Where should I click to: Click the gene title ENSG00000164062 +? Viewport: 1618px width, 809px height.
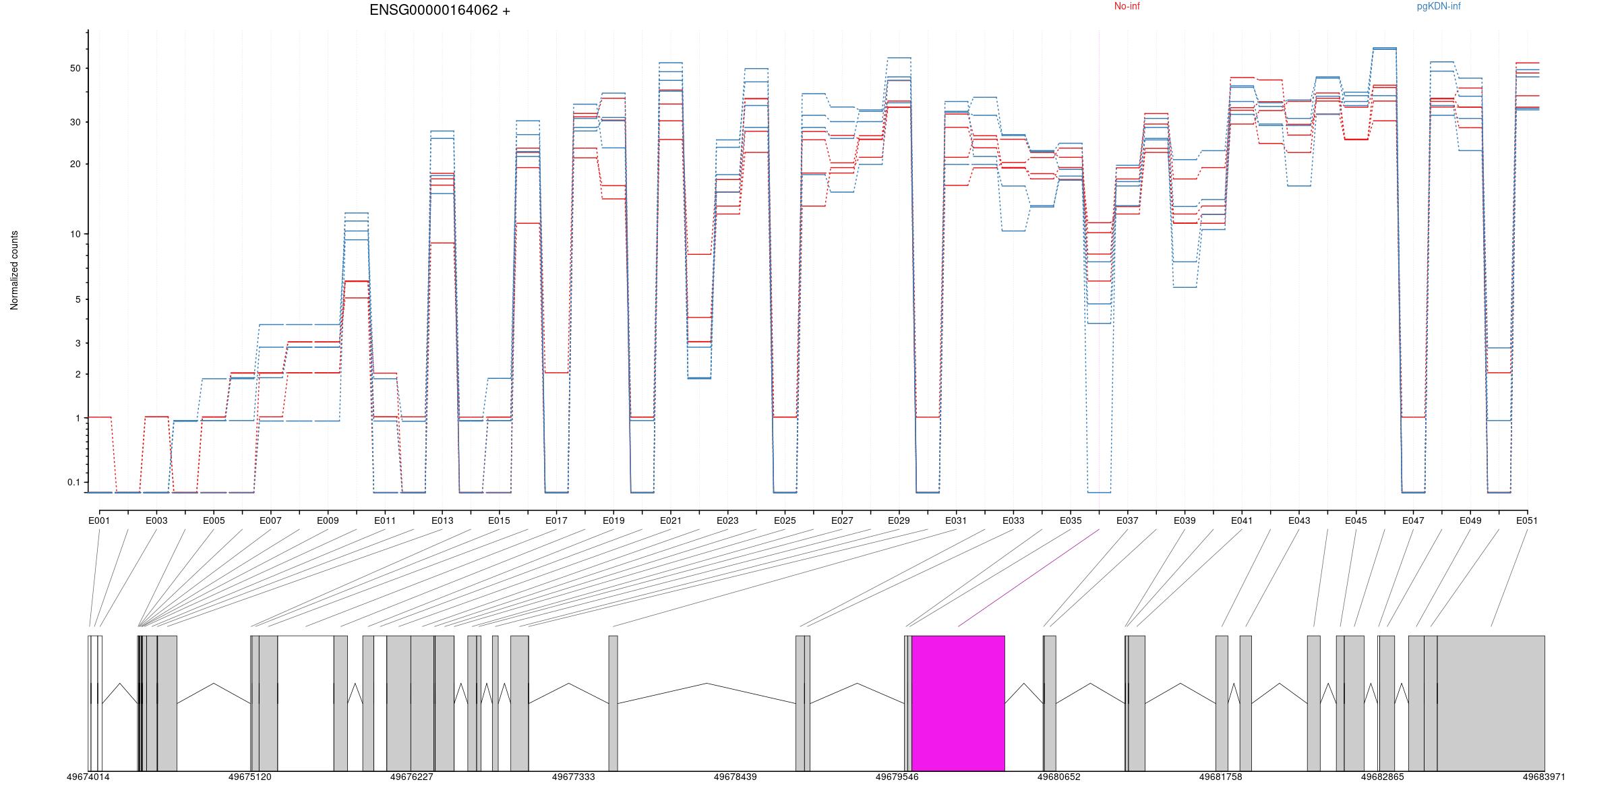pos(440,10)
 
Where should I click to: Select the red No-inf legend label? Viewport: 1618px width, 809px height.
pos(1127,6)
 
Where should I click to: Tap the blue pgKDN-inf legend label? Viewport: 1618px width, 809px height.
pos(1439,6)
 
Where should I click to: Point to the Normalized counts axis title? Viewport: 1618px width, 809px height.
pos(14,270)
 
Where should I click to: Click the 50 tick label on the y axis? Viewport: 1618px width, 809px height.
pos(74,68)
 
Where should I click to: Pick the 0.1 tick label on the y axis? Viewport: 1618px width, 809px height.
pos(73,482)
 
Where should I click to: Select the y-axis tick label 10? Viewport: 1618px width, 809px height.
pos(74,234)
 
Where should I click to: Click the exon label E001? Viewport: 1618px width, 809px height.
pos(99,520)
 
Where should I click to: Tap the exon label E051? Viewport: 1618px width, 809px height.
pos(1527,520)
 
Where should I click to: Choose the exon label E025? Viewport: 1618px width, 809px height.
pos(785,520)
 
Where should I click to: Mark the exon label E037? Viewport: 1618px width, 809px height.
pos(1127,520)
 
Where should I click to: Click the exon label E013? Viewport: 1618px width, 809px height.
pos(442,520)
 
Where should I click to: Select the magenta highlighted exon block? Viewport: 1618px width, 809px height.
pos(958,702)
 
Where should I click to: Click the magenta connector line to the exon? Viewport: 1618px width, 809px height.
pos(1029,578)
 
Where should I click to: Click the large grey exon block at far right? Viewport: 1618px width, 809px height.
pos(1490,702)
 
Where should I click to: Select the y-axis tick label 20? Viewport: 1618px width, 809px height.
pos(74,164)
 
